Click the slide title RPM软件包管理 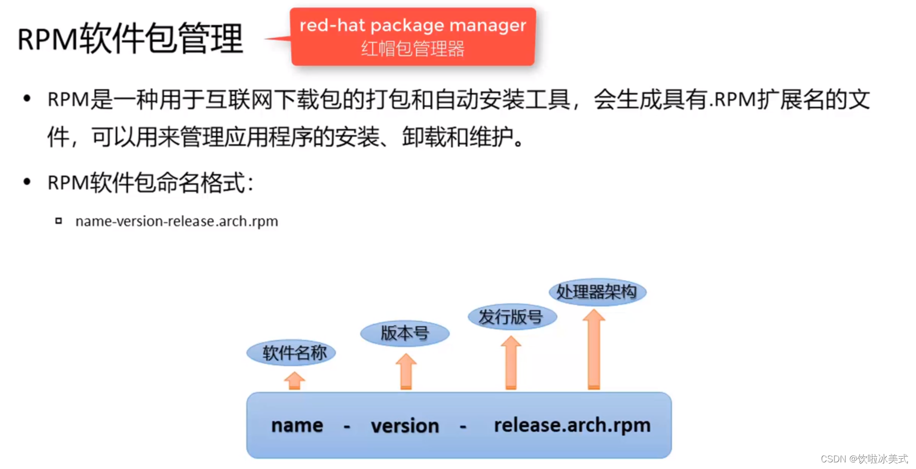coord(130,39)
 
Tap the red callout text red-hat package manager coord(412,25)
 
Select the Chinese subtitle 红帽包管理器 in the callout coord(412,49)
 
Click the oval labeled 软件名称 coord(291,353)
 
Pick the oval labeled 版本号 coord(405,333)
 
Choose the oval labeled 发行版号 coord(512,317)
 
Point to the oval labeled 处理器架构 coord(597,292)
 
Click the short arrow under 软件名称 coord(294,381)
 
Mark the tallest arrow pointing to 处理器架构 coord(594,350)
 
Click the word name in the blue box coord(297,425)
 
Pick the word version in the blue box coord(405,426)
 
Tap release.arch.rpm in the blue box coord(572,425)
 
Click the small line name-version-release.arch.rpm coord(177,221)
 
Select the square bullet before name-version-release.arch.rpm coord(59,221)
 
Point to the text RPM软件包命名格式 coord(150,183)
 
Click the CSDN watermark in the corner coord(864,459)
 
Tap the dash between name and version coord(347,426)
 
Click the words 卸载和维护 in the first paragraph coord(457,137)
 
